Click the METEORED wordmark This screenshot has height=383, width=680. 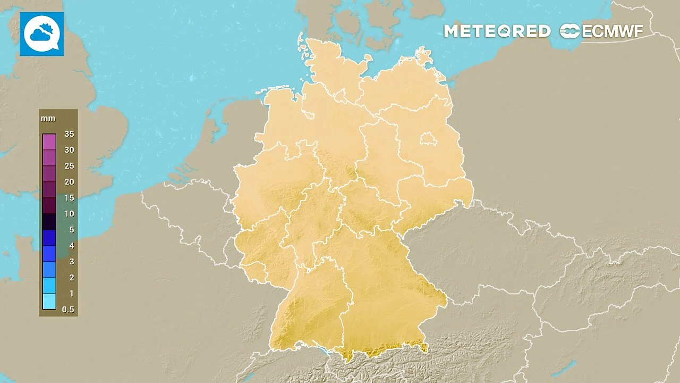pyautogui.click(x=497, y=31)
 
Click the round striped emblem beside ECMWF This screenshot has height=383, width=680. pyautogui.click(x=570, y=31)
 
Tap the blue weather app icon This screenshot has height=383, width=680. pyautogui.click(x=42, y=34)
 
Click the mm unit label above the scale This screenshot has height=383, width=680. pyautogui.click(x=48, y=118)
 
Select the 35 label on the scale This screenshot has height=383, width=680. pyautogui.click(x=69, y=134)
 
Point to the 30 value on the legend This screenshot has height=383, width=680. pyautogui.click(x=69, y=150)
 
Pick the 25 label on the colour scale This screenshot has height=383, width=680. pyautogui.click(x=69, y=166)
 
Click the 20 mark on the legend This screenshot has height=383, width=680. pyautogui.click(x=69, y=182)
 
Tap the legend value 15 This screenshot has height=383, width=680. pyautogui.click(x=69, y=198)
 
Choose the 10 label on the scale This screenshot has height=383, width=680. pyautogui.click(x=69, y=214)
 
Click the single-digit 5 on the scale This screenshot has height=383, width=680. pyautogui.click(x=72, y=230)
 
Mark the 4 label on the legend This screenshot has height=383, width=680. pyautogui.click(x=72, y=246)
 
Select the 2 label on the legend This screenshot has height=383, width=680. pyautogui.click(x=72, y=278)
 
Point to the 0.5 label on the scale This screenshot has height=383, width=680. pyautogui.click(x=68, y=310)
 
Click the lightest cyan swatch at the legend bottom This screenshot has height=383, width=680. pyautogui.click(x=49, y=302)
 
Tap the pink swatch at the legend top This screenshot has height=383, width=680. pyautogui.click(x=49, y=141)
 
